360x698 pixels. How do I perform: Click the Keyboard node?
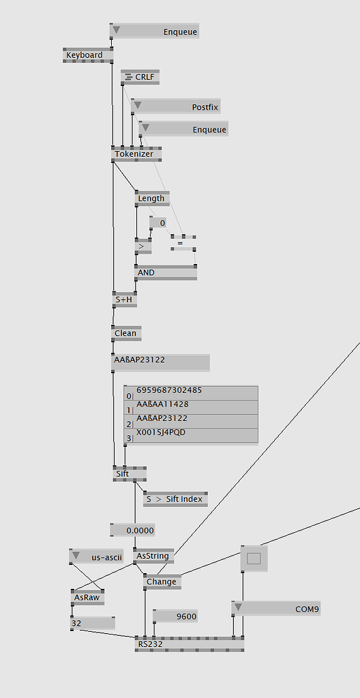pos(88,55)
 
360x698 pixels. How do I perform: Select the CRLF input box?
pos(140,77)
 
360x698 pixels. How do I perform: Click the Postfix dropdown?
pos(175,106)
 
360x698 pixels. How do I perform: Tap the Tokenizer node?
pos(136,154)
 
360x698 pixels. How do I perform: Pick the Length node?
pos(152,199)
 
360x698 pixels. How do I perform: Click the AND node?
pos(166,273)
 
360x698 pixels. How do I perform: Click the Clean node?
pos(126,334)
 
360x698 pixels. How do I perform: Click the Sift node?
pos(130,474)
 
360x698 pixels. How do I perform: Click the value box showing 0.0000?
pos(133,530)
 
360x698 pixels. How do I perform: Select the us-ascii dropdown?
pos(95,557)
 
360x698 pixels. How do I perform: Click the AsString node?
pos(153,557)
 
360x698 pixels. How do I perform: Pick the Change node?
pos(162,582)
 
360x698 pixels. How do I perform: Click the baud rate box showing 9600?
pos(176,616)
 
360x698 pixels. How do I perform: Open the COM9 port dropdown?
pos(276,608)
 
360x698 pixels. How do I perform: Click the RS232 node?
pos(189,644)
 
